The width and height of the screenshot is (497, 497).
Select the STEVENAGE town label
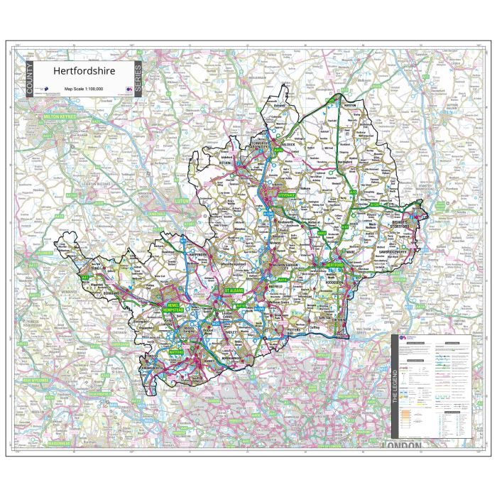[x=285, y=194]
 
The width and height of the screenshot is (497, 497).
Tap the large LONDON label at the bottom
[x=401, y=445]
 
